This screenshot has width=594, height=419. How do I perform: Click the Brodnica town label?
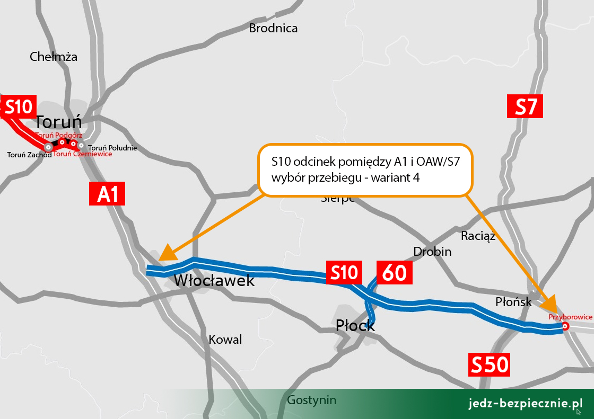[x=273, y=28]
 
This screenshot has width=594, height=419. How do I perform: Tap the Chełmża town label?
[x=54, y=57]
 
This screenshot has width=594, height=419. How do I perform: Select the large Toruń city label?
[x=59, y=122]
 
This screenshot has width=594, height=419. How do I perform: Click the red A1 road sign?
[x=107, y=194]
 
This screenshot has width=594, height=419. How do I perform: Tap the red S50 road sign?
[x=488, y=365]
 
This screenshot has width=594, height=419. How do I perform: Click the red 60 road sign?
[x=394, y=273]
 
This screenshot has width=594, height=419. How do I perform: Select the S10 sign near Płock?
[x=344, y=273]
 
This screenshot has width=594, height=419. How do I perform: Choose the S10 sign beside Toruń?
[x=19, y=107]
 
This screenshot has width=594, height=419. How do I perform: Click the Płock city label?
[x=355, y=325]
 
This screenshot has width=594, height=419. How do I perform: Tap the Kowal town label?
[x=225, y=340]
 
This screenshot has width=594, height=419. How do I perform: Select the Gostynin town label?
[x=311, y=400]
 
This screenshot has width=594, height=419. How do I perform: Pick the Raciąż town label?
[x=478, y=236]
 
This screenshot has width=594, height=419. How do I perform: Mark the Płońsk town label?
[x=513, y=302]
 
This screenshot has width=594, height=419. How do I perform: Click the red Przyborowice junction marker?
[x=565, y=327]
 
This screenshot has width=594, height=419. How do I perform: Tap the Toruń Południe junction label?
[x=112, y=148]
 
